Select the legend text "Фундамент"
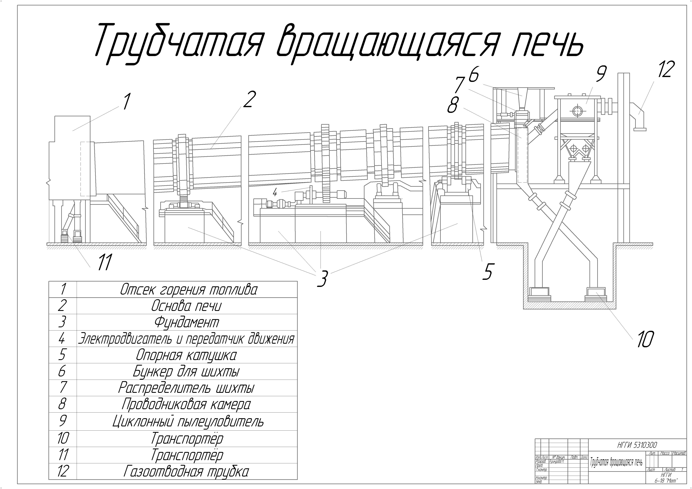click(187, 322)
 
